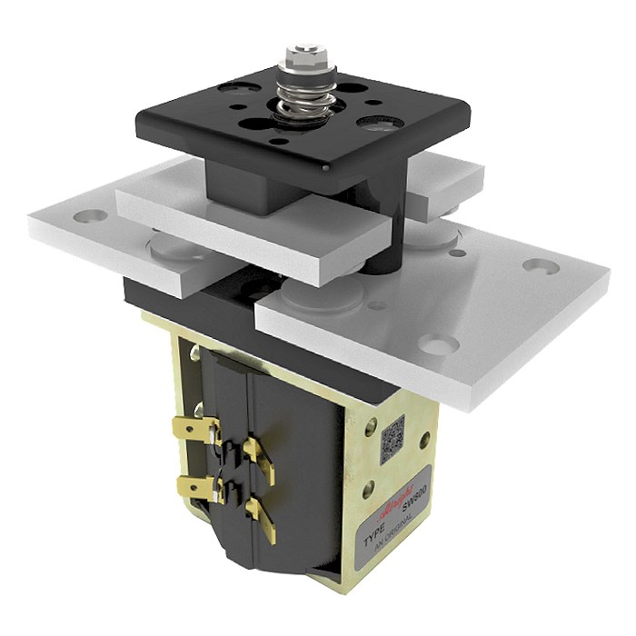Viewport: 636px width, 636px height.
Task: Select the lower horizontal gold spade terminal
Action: click(194, 486)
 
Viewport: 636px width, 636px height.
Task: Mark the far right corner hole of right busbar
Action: click(543, 268)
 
